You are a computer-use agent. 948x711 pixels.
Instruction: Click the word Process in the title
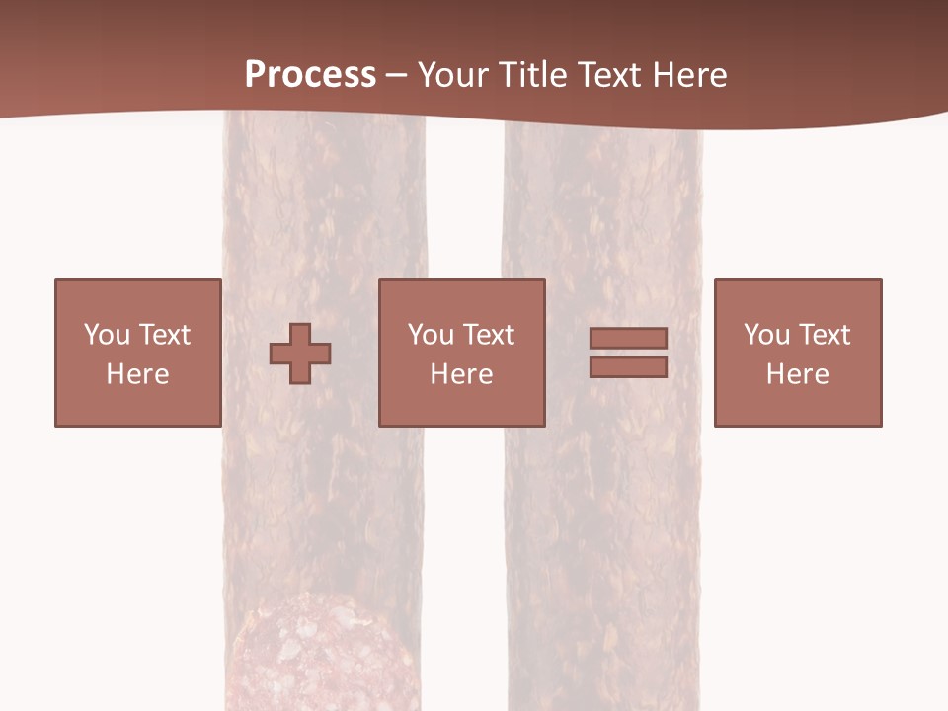coord(310,74)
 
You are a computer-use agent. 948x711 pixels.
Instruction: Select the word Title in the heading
coord(531,74)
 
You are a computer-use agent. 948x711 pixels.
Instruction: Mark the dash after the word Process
coord(396,76)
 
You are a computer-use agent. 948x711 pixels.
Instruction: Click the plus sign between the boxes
coord(300,353)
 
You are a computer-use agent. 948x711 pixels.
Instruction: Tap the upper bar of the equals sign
coord(628,339)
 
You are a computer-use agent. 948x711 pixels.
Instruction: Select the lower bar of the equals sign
coord(628,366)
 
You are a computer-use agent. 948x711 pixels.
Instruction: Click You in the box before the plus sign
coord(107,335)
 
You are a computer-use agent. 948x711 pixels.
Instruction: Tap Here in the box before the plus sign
coord(137,374)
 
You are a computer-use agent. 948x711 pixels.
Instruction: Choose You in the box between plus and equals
coord(431,335)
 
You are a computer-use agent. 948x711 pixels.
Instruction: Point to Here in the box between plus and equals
coord(461,374)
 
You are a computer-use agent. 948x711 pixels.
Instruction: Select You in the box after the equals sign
coord(766,335)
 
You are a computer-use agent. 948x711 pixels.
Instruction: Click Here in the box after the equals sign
coord(797,374)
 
